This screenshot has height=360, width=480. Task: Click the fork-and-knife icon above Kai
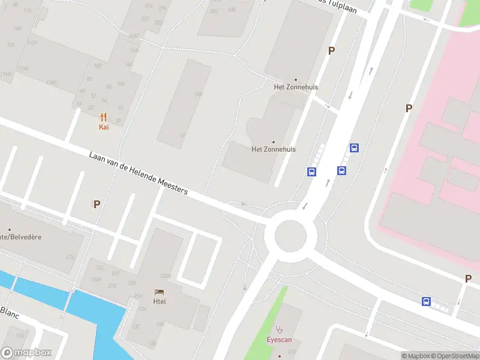pos(104,117)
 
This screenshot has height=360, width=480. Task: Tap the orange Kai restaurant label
pos(104,127)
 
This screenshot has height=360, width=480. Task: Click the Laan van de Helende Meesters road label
pos(139,173)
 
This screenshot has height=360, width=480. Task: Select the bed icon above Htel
pos(159,292)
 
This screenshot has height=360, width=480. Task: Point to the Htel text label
pos(160,301)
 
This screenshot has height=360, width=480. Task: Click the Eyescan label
pos(279,340)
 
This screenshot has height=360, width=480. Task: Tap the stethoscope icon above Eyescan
pos(279,329)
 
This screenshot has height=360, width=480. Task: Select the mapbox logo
pos(26,353)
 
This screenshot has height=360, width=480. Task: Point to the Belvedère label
pos(21,237)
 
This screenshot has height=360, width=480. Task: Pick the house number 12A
pos(198,94)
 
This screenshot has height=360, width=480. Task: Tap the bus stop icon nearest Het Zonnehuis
pos(312,172)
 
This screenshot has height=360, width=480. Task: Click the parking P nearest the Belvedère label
pos(97,204)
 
